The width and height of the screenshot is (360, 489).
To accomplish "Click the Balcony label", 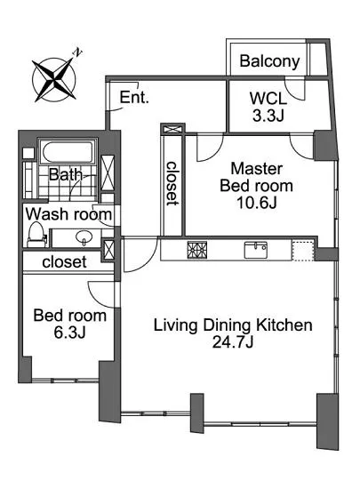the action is click(269, 61).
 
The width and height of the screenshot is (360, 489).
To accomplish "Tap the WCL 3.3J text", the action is click(268, 108).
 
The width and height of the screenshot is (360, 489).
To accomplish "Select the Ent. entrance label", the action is click(134, 97).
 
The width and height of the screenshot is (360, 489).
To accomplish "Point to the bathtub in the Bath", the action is click(68, 151).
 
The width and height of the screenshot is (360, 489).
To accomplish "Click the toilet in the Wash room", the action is click(36, 235).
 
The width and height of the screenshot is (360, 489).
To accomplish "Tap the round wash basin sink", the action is click(84, 237).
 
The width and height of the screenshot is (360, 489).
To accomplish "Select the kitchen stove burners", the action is click(197, 250).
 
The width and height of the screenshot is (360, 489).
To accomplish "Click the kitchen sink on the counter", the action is click(256, 250).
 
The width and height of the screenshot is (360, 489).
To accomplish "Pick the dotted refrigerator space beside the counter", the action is click(302, 250).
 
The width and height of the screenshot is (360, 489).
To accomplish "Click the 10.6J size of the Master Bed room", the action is click(257, 203).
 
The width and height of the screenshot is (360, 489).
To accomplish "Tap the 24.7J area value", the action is click(233, 342).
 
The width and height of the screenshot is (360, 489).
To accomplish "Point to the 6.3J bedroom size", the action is click(70, 333).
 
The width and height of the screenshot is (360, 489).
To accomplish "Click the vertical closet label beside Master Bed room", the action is click(172, 183).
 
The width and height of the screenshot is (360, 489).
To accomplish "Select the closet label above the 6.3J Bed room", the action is click(64, 262).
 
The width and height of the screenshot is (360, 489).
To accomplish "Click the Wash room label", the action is click(68, 214).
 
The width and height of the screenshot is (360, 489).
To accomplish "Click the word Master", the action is click(257, 169).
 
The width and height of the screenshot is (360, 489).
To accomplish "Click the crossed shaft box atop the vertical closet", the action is click(172, 129).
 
